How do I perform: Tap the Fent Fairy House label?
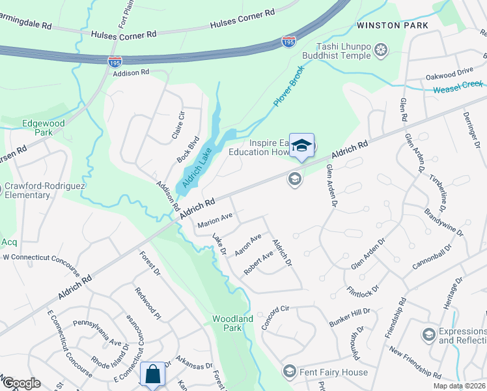333,373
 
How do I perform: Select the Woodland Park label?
232,323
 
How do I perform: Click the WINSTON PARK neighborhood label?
392,25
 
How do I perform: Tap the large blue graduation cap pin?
301,146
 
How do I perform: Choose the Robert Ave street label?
258,263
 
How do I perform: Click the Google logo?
21,383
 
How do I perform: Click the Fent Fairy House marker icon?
289,372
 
